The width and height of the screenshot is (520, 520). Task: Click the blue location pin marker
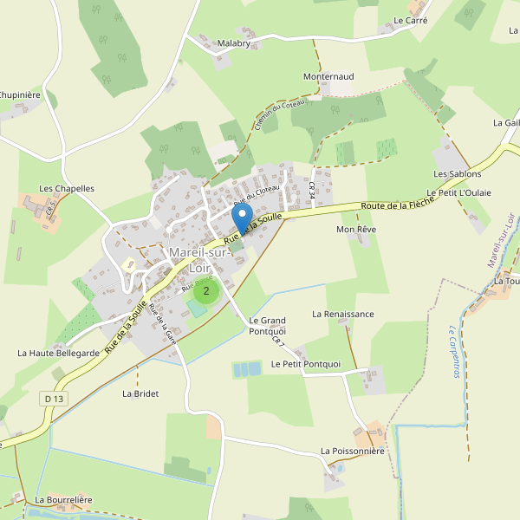243,217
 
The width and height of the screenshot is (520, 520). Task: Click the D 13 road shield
53,399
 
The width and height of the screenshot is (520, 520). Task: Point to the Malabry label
233,43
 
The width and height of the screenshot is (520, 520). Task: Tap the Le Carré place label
410,20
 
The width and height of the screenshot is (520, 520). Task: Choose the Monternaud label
328,76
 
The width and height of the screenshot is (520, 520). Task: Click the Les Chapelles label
67,188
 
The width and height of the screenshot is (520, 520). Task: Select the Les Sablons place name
458,174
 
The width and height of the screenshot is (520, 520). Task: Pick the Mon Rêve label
355,230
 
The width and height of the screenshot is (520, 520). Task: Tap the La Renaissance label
343,314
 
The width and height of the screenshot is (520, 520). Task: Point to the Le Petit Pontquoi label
306,364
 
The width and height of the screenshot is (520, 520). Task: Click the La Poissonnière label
352,451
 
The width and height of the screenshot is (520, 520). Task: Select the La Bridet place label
140,393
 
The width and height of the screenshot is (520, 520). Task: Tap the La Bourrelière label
64,500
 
